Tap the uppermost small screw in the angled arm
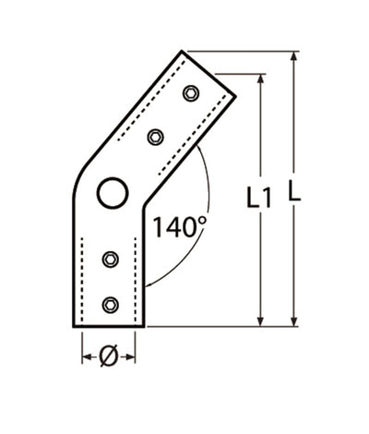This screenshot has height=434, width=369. pos(191,92)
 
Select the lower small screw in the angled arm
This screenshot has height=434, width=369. pos(156,137)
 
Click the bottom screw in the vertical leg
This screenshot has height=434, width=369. pos(111,304)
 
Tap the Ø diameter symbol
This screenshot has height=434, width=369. pos(106,356)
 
